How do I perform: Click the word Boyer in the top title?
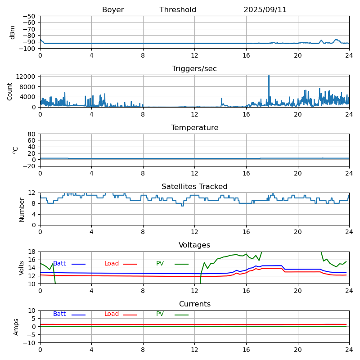click(113, 10)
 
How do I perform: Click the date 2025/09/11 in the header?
click(265, 10)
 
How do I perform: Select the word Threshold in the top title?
click(178, 10)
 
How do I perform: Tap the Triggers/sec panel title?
click(194, 69)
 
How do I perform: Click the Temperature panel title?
click(194, 128)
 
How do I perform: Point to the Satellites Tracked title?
click(194, 187)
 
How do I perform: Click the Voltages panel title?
click(194, 245)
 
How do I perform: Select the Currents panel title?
click(194, 304)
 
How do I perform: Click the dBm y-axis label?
click(13, 32)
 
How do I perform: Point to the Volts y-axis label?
click(22, 268)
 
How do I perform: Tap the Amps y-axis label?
click(16, 327)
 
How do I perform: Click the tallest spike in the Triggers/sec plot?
click(269, 76)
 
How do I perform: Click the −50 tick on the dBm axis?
click(30, 16)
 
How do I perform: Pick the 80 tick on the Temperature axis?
click(32, 134)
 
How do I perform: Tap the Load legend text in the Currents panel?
click(112, 314)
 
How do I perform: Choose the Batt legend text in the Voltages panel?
click(59, 264)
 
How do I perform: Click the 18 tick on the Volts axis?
click(33, 252)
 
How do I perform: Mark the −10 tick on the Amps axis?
click(30, 343)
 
